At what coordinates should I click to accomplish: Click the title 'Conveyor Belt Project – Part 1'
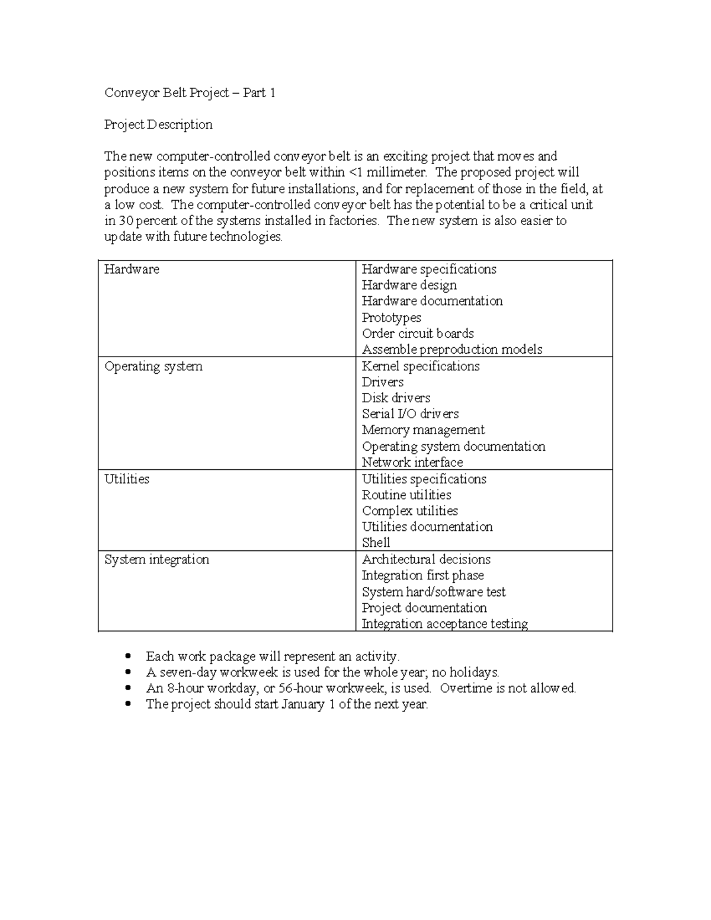click(x=190, y=93)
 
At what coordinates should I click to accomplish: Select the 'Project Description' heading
click(x=158, y=124)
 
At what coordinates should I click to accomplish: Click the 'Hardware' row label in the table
click(x=132, y=269)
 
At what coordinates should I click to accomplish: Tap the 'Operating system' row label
click(x=153, y=366)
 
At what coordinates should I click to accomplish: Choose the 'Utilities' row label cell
click(x=127, y=479)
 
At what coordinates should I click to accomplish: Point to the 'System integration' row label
click(x=156, y=559)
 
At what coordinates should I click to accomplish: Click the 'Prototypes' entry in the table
click(x=392, y=318)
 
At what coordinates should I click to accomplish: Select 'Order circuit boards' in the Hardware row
click(x=418, y=334)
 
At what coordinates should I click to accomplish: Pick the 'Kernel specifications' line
click(x=421, y=366)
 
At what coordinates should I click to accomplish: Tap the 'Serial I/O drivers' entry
click(x=410, y=414)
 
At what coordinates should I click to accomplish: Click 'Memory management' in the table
click(x=423, y=430)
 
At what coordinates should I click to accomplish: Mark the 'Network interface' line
click(x=412, y=462)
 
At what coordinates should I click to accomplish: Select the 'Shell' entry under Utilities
click(x=376, y=543)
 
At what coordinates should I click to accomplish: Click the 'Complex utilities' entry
click(x=410, y=511)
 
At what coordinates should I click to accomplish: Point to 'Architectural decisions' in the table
click(x=426, y=559)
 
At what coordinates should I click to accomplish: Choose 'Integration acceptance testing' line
click(x=445, y=624)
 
